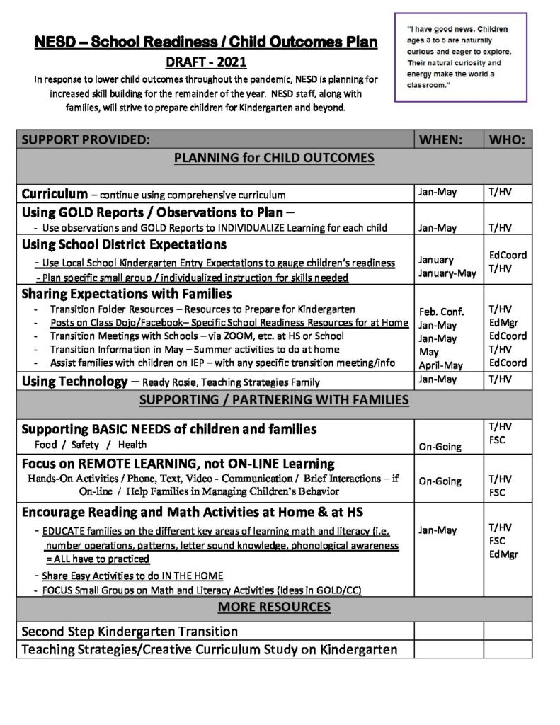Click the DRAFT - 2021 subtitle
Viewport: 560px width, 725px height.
click(205, 62)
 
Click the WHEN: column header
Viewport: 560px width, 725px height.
click(441, 139)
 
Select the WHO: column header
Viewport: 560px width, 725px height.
click(507, 139)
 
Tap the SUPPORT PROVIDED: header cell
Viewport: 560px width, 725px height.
click(86, 139)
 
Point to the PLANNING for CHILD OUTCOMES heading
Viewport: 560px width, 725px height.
click(274, 158)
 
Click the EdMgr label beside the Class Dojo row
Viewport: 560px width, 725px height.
click(503, 323)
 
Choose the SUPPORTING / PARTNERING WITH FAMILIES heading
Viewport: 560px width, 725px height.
click(274, 400)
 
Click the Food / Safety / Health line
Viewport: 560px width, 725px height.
click(91, 445)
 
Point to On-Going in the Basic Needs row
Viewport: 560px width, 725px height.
click(440, 447)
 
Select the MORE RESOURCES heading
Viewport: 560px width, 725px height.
click(274, 607)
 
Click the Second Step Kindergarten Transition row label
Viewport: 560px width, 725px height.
click(130, 631)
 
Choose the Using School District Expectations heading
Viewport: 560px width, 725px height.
click(124, 245)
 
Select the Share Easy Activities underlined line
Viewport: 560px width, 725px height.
click(132, 576)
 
